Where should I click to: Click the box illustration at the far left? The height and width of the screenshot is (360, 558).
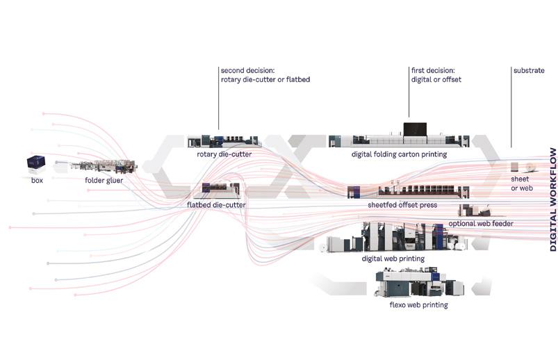pyautogui.click(x=35, y=163)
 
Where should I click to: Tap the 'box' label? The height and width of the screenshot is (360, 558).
pyautogui.click(x=37, y=180)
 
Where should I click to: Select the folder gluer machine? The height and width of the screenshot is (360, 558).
pyautogui.click(x=104, y=167)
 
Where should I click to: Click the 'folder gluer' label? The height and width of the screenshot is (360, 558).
pyautogui.click(x=105, y=180)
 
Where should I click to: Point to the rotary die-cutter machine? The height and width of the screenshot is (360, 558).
pyautogui.click(x=224, y=140)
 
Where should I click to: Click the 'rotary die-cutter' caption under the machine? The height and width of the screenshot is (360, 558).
pyautogui.click(x=224, y=154)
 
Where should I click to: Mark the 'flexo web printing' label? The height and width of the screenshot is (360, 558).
pyautogui.click(x=418, y=304)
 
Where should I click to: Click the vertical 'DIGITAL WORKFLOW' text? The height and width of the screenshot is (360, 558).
pyautogui.click(x=552, y=199)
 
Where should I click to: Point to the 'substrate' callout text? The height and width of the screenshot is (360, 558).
pyautogui.click(x=529, y=71)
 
